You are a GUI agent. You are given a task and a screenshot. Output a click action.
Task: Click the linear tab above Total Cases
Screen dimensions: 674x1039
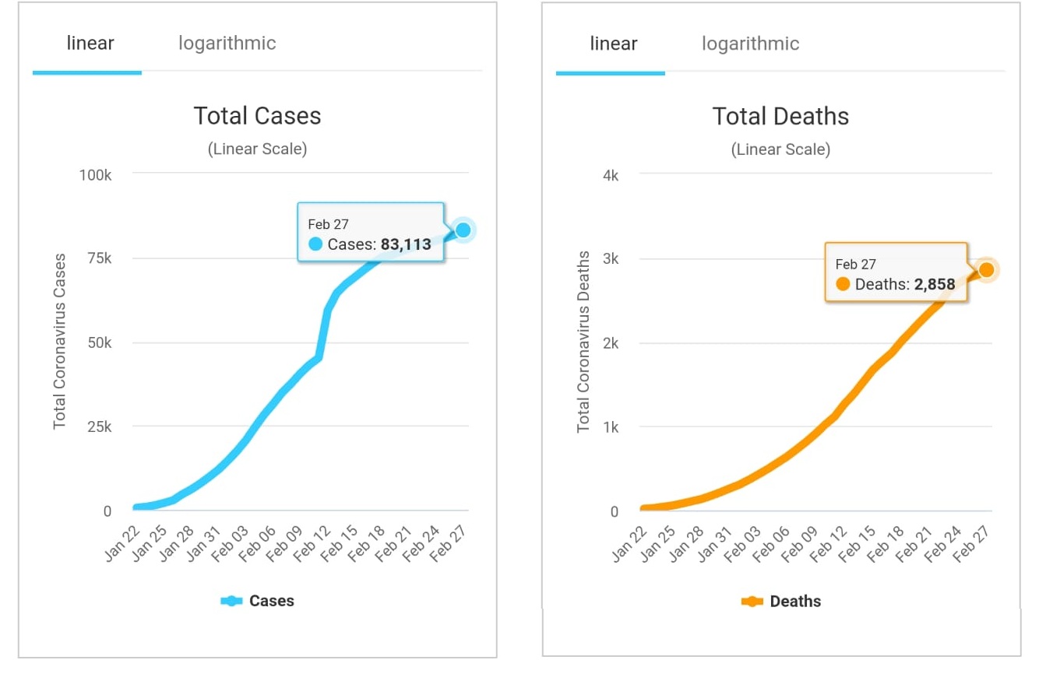90,43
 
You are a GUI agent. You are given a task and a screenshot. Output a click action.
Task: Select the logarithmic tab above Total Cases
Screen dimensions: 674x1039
227,43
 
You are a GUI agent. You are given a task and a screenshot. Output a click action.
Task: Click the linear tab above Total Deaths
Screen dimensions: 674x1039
614,43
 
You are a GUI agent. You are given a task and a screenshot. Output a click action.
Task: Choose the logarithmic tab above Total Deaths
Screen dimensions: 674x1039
750,43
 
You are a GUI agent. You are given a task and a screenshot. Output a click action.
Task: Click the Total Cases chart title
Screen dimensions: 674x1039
257,116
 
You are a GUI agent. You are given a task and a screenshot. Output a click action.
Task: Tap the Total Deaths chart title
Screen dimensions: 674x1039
780,117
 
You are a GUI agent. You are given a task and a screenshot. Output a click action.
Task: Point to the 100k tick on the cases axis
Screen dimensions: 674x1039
95,174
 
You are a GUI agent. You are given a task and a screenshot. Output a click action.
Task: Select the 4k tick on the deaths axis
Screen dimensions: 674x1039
610,175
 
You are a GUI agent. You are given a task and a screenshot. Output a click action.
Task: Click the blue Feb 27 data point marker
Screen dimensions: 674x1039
463,230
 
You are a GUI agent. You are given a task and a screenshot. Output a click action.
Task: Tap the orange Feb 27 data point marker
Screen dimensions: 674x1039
986,269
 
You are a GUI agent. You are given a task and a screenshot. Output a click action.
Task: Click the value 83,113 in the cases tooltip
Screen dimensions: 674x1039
406,244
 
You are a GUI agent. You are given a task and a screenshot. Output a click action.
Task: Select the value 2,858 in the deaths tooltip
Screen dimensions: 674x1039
935,284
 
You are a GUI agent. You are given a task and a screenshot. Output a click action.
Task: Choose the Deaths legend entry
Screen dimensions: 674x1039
781,601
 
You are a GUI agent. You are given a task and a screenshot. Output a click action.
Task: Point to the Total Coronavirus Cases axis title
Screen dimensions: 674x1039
60,341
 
